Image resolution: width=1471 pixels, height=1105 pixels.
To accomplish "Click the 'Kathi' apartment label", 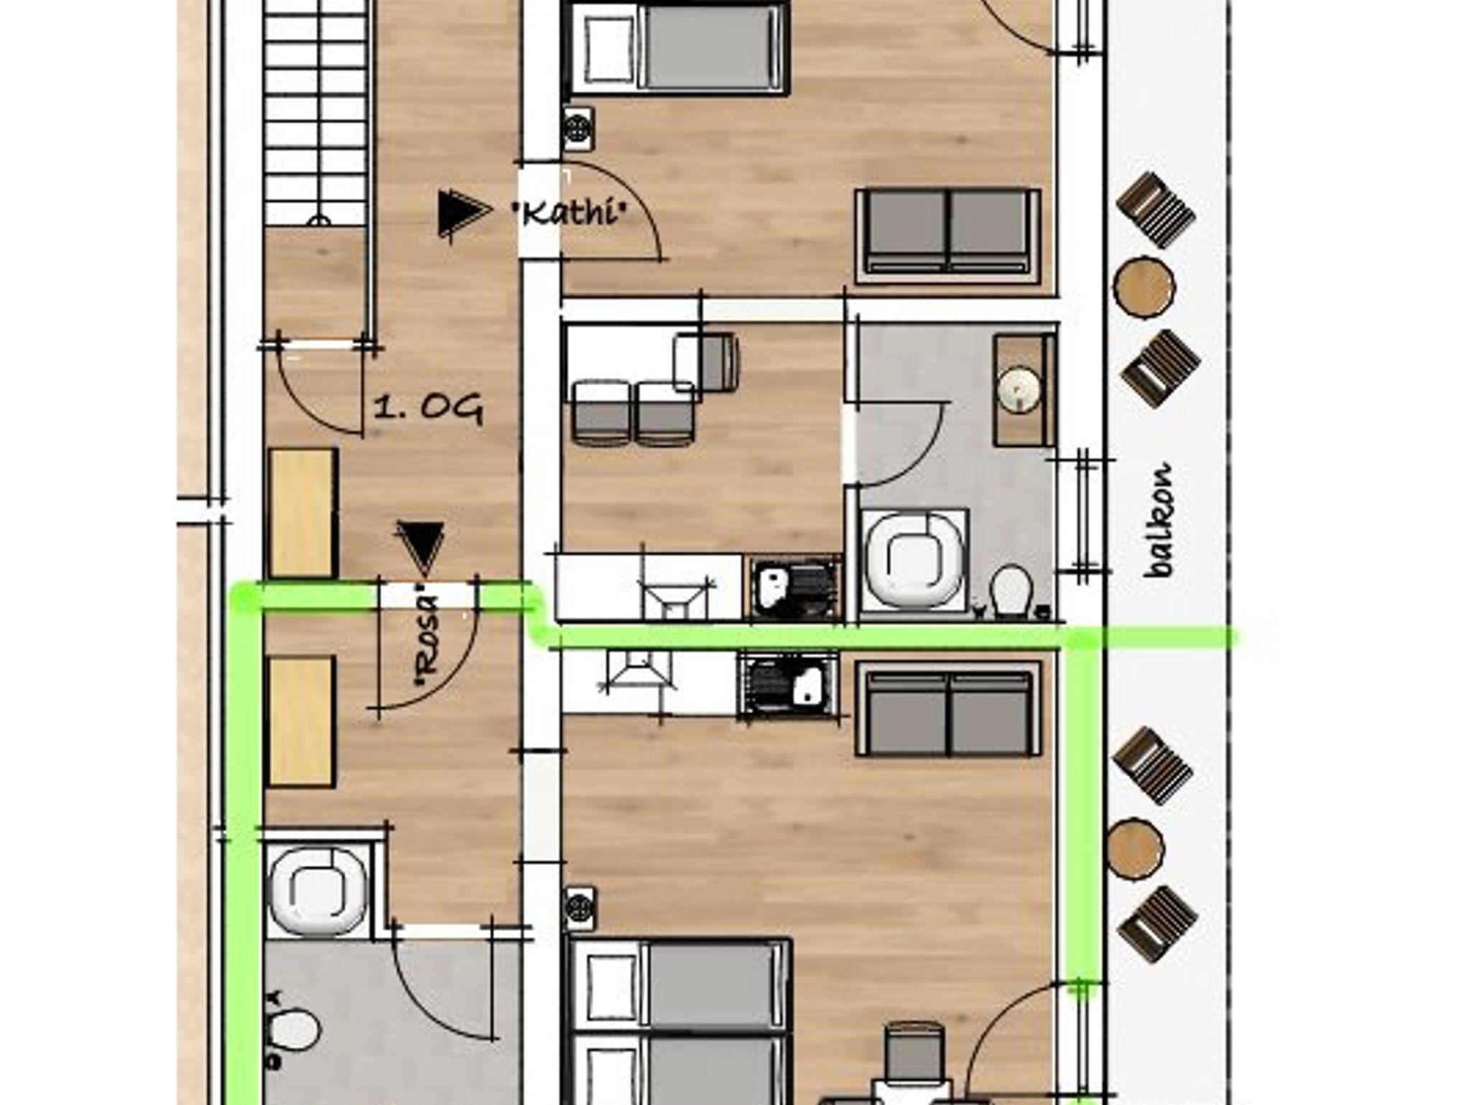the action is click(x=568, y=213).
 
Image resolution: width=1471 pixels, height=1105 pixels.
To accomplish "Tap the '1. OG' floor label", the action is click(x=428, y=409).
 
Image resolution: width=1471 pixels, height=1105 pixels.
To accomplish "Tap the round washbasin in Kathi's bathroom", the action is click(x=1019, y=390).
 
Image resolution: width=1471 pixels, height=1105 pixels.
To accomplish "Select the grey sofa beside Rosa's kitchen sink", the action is click(x=948, y=709).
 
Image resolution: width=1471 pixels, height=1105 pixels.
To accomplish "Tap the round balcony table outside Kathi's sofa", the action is click(x=1143, y=285).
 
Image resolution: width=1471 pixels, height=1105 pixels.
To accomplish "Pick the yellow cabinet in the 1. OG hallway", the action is click(x=302, y=513).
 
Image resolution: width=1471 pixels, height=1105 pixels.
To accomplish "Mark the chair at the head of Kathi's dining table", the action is click(x=705, y=362).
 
